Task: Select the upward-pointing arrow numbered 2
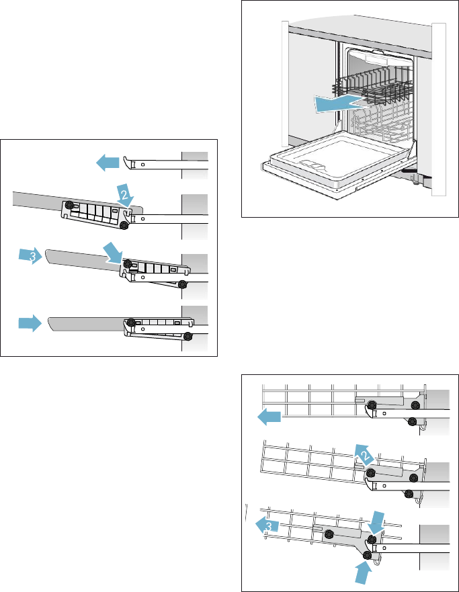click(x=362, y=455)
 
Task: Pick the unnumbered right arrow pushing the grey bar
click(x=29, y=324)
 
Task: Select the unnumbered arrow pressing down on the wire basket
click(x=377, y=519)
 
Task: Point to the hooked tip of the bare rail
click(x=126, y=161)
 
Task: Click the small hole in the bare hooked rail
click(x=142, y=164)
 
